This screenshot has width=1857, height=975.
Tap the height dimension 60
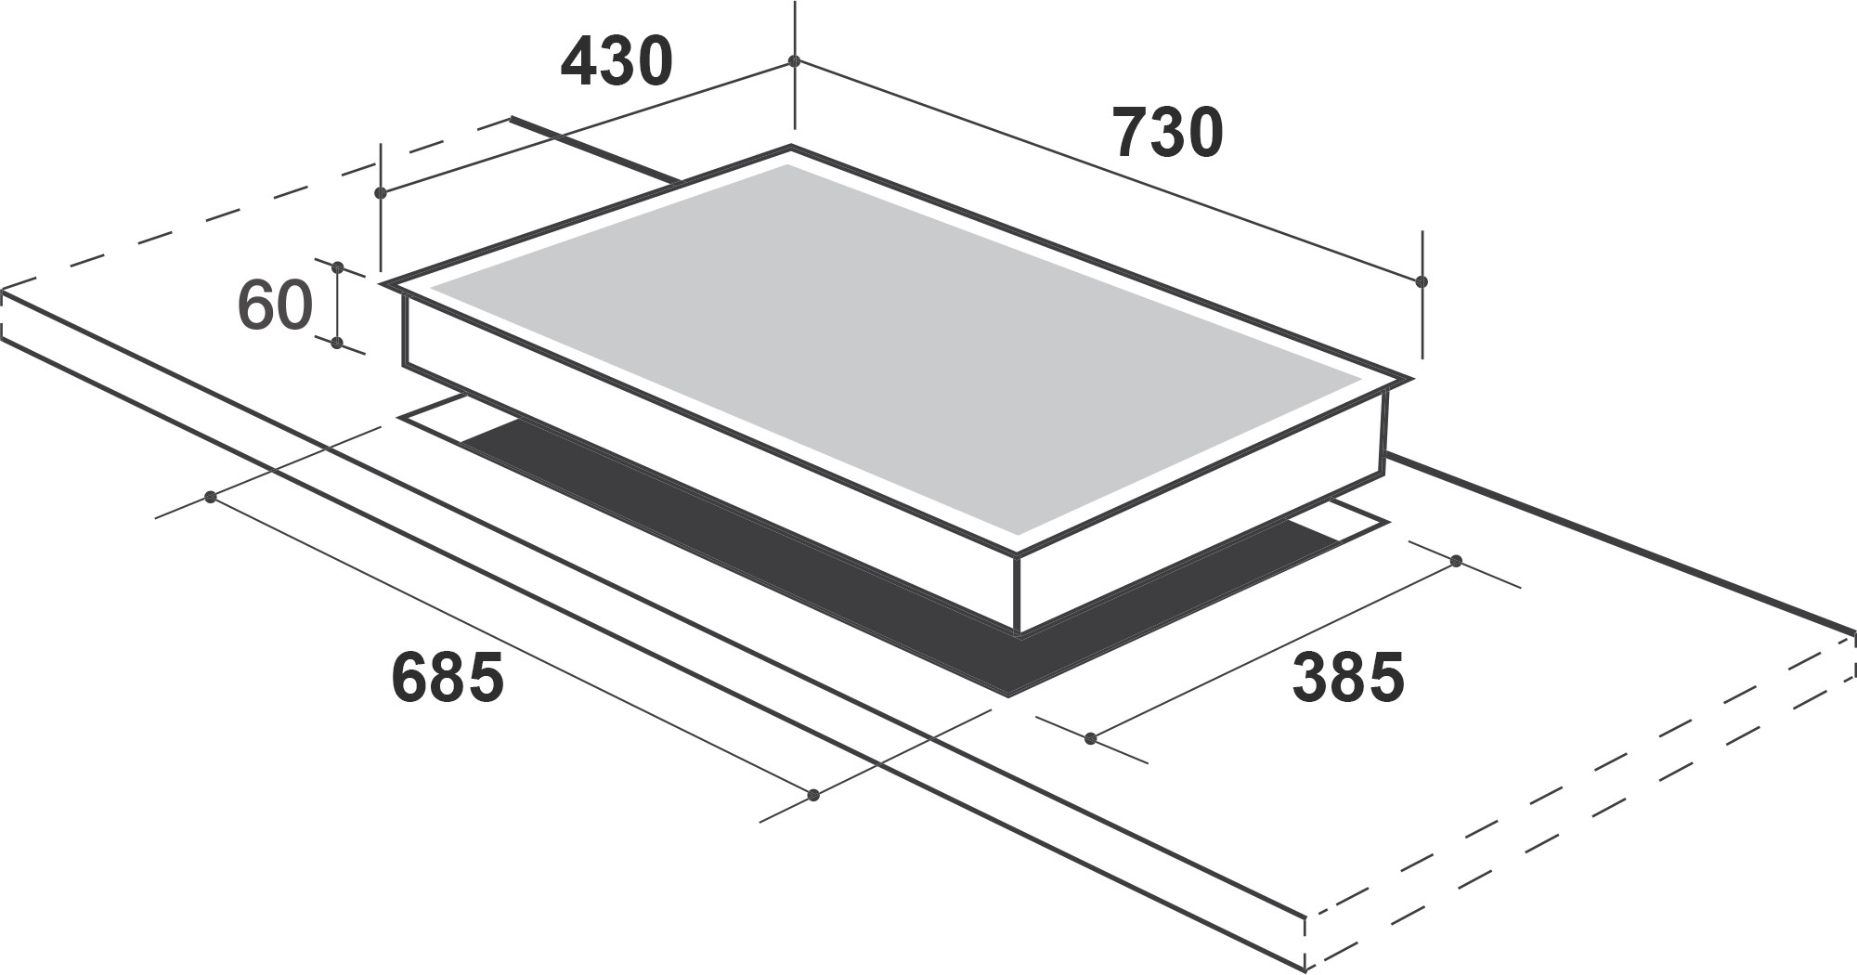click(275, 305)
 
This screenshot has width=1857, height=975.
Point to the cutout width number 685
click(448, 677)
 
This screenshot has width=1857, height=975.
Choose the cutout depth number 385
click(1348, 677)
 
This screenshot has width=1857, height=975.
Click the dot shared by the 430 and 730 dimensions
click(794, 61)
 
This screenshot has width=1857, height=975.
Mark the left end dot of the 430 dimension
click(380, 193)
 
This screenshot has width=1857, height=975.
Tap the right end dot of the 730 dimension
click(1422, 281)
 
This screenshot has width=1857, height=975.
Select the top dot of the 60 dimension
click(338, 267)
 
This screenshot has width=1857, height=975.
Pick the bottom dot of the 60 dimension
click(337, 344)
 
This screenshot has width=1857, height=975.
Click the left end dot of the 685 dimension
click(211, 498)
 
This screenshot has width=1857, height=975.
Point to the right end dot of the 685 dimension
click(814, 795)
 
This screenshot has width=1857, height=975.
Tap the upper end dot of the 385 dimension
click(1456, 561)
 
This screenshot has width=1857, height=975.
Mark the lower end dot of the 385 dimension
click(1091, 739)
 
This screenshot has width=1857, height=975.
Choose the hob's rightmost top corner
click(1410, 379)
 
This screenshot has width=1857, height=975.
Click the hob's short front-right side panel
click(1202, 520)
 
